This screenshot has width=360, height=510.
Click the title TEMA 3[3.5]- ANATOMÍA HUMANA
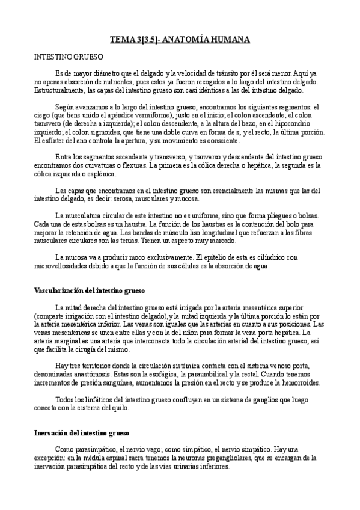tap(180, 40)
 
